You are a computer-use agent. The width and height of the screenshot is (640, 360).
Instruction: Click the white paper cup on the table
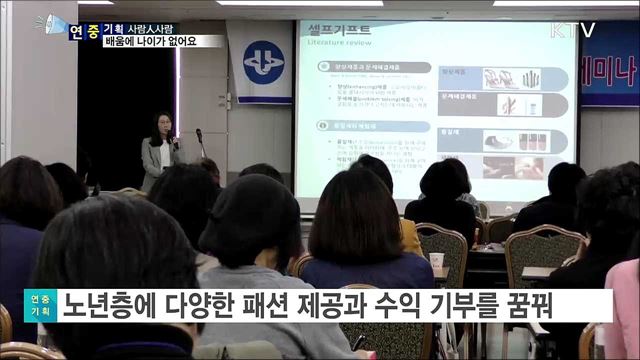coord(435,260)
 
